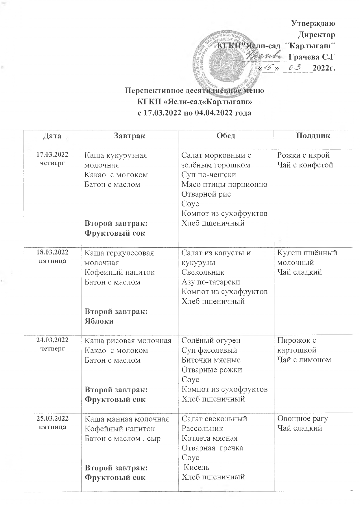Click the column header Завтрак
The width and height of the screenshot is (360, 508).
click(x=129, y=136)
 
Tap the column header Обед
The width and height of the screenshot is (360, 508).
click(x=226, y=136)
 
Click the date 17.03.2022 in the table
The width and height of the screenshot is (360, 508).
click(x=52, y=154)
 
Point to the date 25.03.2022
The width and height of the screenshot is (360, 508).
click(x=52, y=418)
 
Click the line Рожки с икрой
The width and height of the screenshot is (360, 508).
click(x=303, y=155)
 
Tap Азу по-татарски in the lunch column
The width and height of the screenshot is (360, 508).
click(x=211, y=282)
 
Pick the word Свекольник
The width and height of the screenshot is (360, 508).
click(x=203, y=272)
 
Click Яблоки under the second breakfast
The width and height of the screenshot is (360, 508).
click(x=99, y=321)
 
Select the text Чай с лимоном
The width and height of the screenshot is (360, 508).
click(x=304, y=360)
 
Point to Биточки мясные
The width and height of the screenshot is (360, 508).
click(x=211, y=360)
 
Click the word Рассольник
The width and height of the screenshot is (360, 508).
click(x=202, y=428)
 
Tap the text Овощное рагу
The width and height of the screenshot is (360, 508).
click(x=303, y=418)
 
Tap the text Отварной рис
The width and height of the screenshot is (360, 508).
click(x=206, y=194)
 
